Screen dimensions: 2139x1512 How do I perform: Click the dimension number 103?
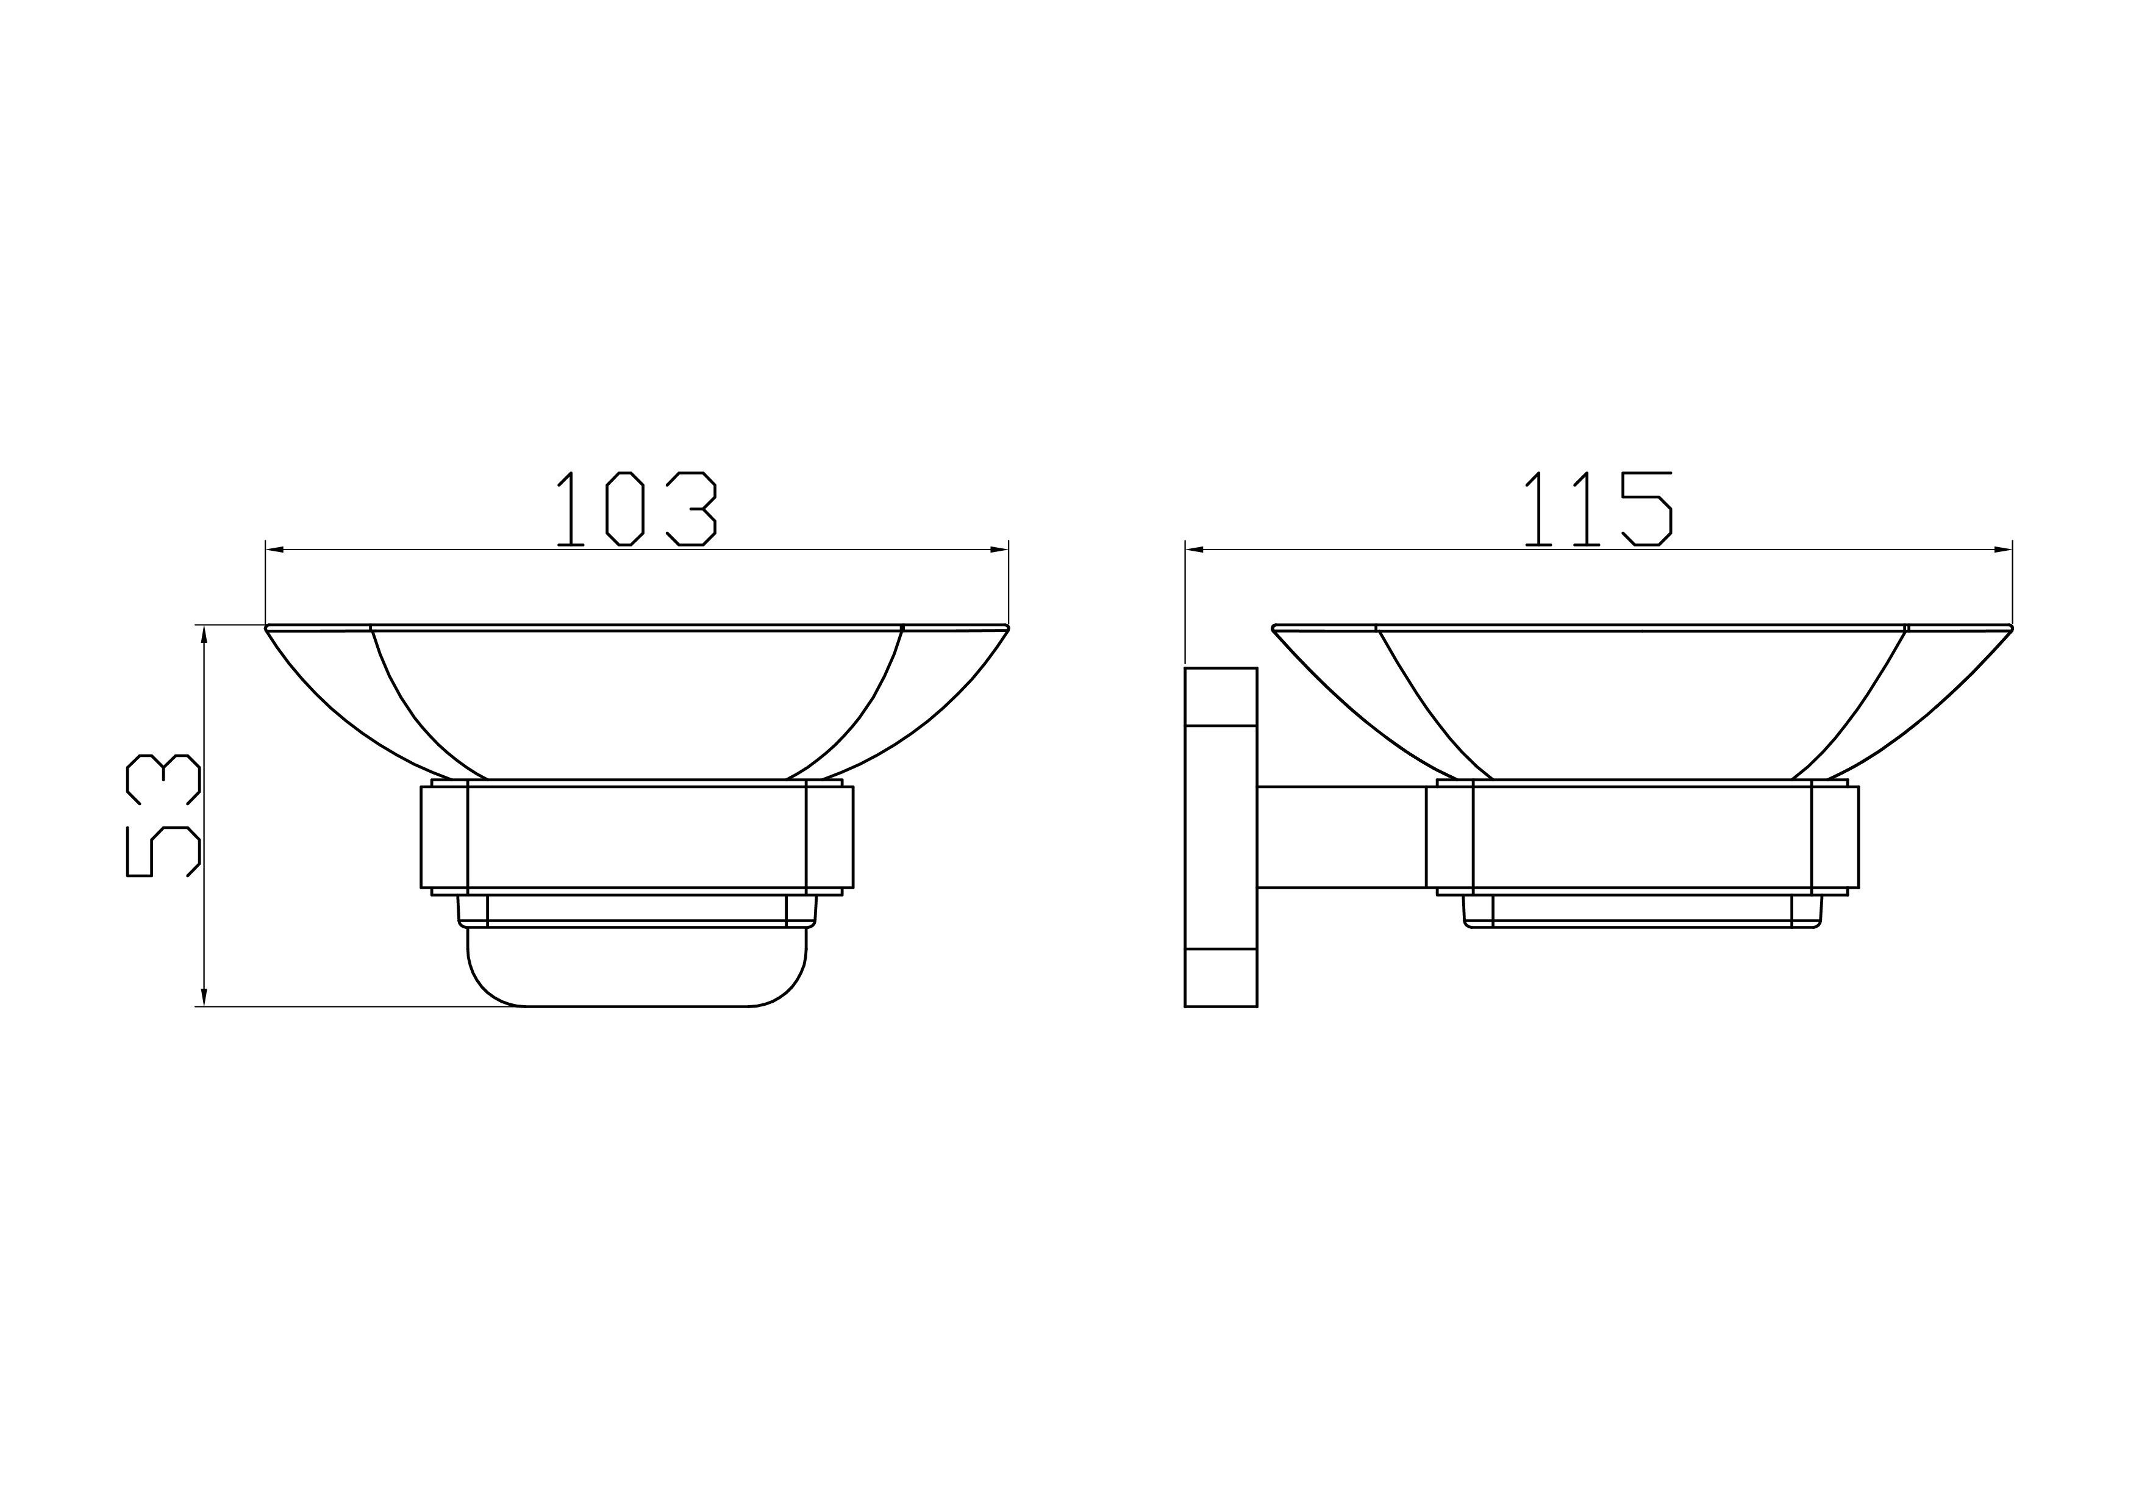pos(637,509)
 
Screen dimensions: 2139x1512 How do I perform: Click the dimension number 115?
pos(1598,509)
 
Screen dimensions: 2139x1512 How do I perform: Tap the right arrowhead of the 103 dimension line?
pos(999,550)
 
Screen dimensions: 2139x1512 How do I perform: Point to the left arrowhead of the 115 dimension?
pos(1194,550)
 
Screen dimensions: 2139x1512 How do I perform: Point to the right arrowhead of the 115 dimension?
pos(2003,550)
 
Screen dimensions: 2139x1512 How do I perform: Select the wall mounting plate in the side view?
pos(1221,837)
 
